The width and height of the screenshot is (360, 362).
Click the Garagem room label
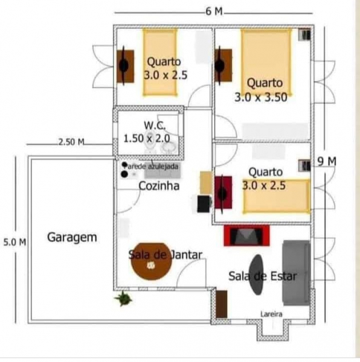click(x=72, y=238)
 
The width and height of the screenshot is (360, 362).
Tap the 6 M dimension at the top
click(x=214, y=11)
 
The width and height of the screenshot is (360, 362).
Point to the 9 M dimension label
click(x=327, y=161)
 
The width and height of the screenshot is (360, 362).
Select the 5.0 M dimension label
click(x=14, y=242)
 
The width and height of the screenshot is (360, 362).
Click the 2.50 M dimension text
click(x=71, y=142)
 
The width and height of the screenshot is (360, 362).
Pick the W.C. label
click(x=155, y=125)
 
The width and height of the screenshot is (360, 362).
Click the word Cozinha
click(x=159, y=186)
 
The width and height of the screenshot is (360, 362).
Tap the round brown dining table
click(x=151, y=261)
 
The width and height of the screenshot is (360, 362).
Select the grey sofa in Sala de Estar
click(x=296, y=273)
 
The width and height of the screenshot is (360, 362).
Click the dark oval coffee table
click(x=257, y=275)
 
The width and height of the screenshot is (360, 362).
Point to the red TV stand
click(x=246, y=235)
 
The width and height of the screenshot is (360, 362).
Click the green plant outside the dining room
click(x=123, y=298)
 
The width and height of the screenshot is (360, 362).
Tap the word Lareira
click(x=271, y=314)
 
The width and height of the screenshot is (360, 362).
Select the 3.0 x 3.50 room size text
click(x=261, y=97)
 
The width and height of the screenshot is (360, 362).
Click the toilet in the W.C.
click(x=150, y=142)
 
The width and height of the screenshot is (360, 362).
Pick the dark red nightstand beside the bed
click(x=223, y=192)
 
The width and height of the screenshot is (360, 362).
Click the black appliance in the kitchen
click(x=204, y=204)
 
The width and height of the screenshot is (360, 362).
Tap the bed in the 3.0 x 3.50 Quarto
click(x=266, y=62)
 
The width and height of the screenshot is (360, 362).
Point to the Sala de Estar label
click(x=263, y=276)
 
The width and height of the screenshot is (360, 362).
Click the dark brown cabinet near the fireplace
click(x=221, y=304)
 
